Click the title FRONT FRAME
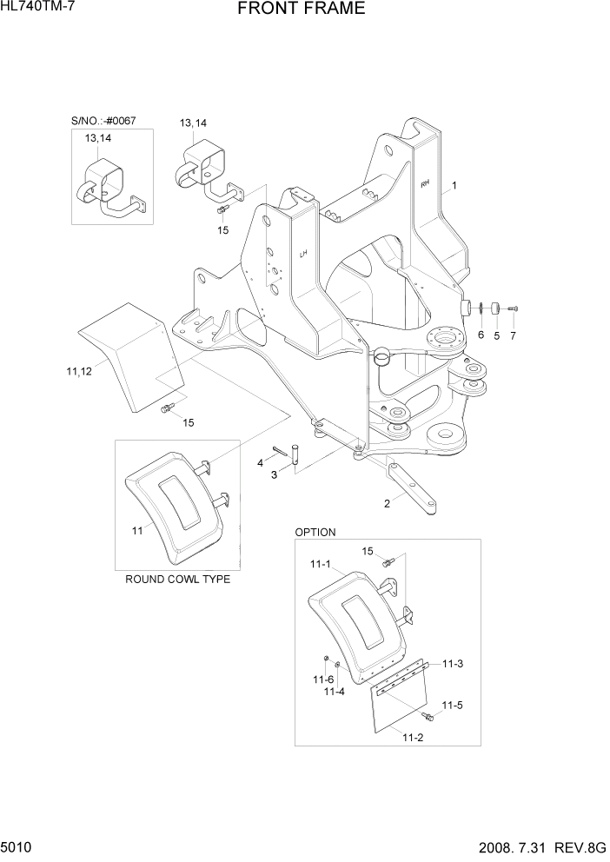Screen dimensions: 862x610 (x=300, y=10)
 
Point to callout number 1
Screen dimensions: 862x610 (x=454, y=186)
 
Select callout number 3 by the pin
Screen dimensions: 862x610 (x=274, y=474)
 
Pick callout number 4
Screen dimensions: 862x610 (x=260, y=463)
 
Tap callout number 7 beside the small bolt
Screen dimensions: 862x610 (x=513, y=335)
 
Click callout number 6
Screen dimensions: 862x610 (x=481, y=335)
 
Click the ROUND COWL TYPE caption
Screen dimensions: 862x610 (x=178, y=579)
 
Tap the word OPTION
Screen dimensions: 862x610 (x=315, y=532)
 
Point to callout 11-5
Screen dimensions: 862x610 (x=452, y=705)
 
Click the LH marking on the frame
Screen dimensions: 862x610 (x=304, y=255)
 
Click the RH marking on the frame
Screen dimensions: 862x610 (x=425, y=183)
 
